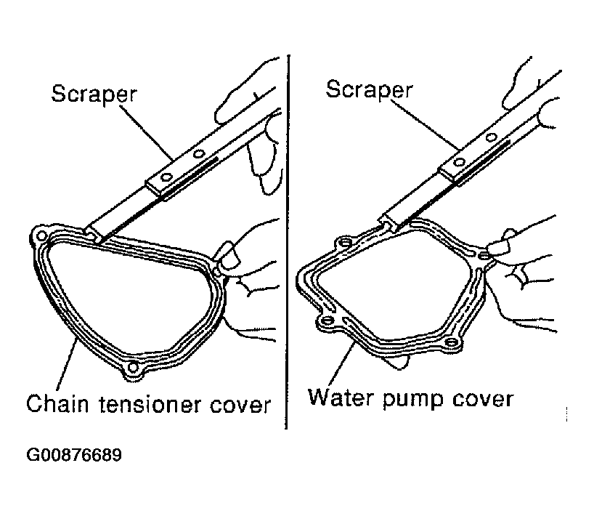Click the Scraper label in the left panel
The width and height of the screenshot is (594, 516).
[x=94, y=94]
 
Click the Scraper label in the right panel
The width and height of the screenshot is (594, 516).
[x=369, y=89]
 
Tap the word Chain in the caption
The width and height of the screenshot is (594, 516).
[x=57, y=403]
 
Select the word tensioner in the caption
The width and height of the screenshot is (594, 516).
[x=150, y=404]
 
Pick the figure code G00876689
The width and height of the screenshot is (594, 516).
[x=74, y=454]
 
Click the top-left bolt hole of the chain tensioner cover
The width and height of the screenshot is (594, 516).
[x=41, y=237]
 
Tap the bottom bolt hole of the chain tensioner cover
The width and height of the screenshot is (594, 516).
[x=133, y=367]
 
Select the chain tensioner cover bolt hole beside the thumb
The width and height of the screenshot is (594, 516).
[x=216, y=272]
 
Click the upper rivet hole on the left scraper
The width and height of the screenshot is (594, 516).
[x=199, y=154]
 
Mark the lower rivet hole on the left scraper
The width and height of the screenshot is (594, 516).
[x=166, y=177]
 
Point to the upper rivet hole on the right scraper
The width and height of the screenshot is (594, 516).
[x=491, y=137]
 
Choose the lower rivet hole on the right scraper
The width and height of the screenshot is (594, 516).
[x=459, y=162]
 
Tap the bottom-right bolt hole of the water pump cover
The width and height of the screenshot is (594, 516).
[x=450, y=342]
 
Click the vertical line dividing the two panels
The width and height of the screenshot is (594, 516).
[x=288, y=242]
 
